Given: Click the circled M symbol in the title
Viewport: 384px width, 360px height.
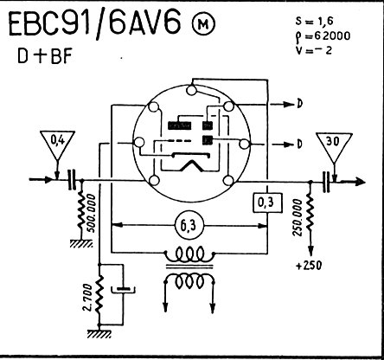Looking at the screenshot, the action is click(203, 25).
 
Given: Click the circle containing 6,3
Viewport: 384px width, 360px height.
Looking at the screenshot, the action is click(189, 225).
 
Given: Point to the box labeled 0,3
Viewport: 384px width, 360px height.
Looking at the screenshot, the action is click(267, 202).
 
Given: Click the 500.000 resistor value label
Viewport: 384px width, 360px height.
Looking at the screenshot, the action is click(92, 213).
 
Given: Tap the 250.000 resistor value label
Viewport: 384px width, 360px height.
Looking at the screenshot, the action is click(298, 217).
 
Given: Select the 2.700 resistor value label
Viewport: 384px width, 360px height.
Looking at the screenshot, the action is click(88, 297).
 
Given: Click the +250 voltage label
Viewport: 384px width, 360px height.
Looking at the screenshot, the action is click(309, 265).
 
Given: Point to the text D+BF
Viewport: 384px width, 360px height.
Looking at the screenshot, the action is click(44, 56).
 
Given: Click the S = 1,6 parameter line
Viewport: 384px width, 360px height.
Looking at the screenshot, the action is click(314, 22).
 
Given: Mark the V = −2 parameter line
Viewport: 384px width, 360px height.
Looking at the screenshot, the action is click(314, 50).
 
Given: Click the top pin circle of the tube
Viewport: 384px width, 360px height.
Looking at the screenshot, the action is click(191, 90).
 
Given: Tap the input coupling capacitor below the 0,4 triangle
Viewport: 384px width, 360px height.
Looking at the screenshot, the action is click(72, 179).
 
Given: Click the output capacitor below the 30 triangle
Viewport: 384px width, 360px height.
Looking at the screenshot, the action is click(326, 182).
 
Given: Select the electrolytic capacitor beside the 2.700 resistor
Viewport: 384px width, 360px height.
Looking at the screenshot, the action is click(124, 290).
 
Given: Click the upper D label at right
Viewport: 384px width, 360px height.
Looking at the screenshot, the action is click(300, 104).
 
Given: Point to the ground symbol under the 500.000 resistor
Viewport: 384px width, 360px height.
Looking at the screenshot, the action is click(81, 244).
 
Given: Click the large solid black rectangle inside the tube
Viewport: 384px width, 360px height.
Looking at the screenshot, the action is click(179, 125).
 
